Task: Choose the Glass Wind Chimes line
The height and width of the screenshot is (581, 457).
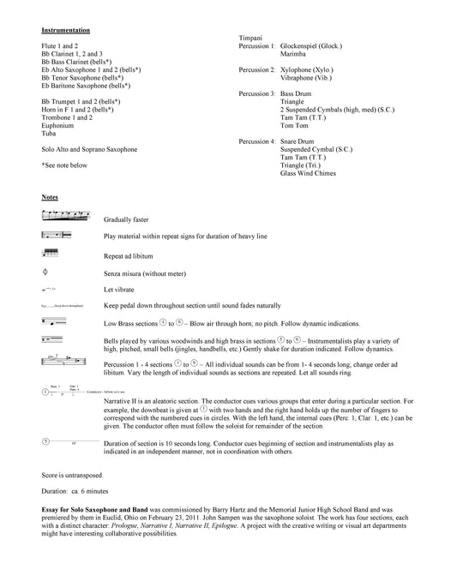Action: coord(310,172)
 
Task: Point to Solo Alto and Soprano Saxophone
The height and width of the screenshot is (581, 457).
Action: coord(88,149)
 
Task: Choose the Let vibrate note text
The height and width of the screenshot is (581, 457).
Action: coord(118,290)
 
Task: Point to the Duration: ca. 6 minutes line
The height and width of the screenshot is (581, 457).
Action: coord(80,491)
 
